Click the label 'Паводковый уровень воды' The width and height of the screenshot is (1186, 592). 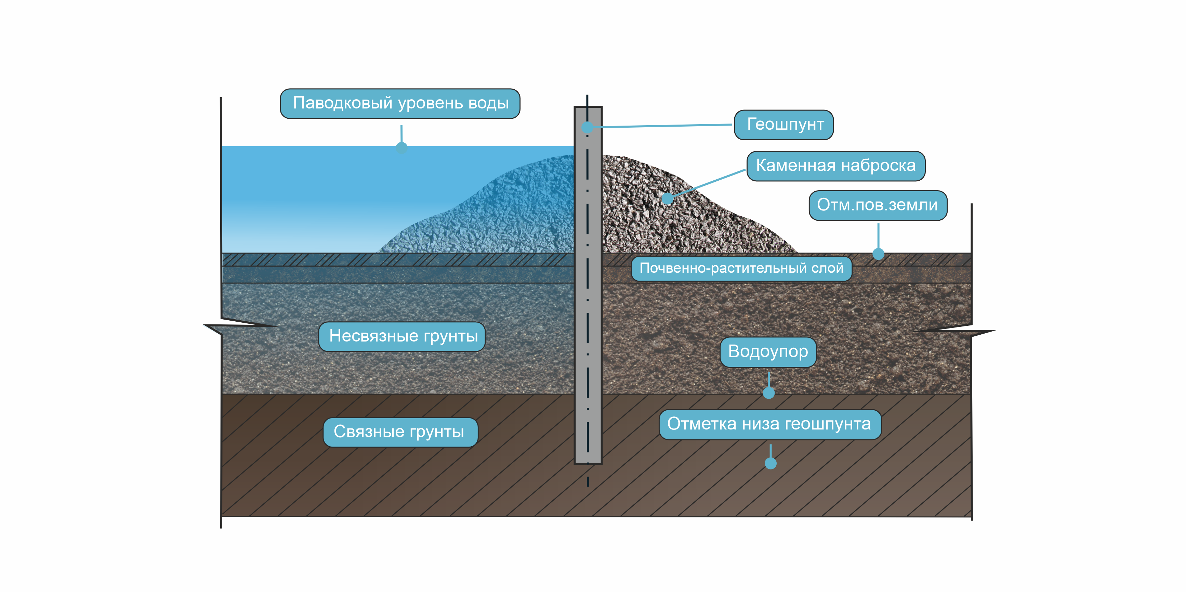point(400,103)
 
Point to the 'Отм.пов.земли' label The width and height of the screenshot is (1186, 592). point(878,205)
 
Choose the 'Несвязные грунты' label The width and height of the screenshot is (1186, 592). point(402,336)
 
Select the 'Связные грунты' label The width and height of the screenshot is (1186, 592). point(400,432)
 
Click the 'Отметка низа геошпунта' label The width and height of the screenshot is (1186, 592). point(769,424)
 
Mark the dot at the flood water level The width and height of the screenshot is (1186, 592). point(401,147)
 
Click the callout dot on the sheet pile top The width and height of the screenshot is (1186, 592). point(588,127)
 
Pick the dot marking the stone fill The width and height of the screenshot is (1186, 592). point(667,199)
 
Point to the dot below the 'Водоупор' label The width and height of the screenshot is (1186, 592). point(768,392)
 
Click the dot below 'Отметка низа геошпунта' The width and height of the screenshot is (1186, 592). point(770,463)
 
